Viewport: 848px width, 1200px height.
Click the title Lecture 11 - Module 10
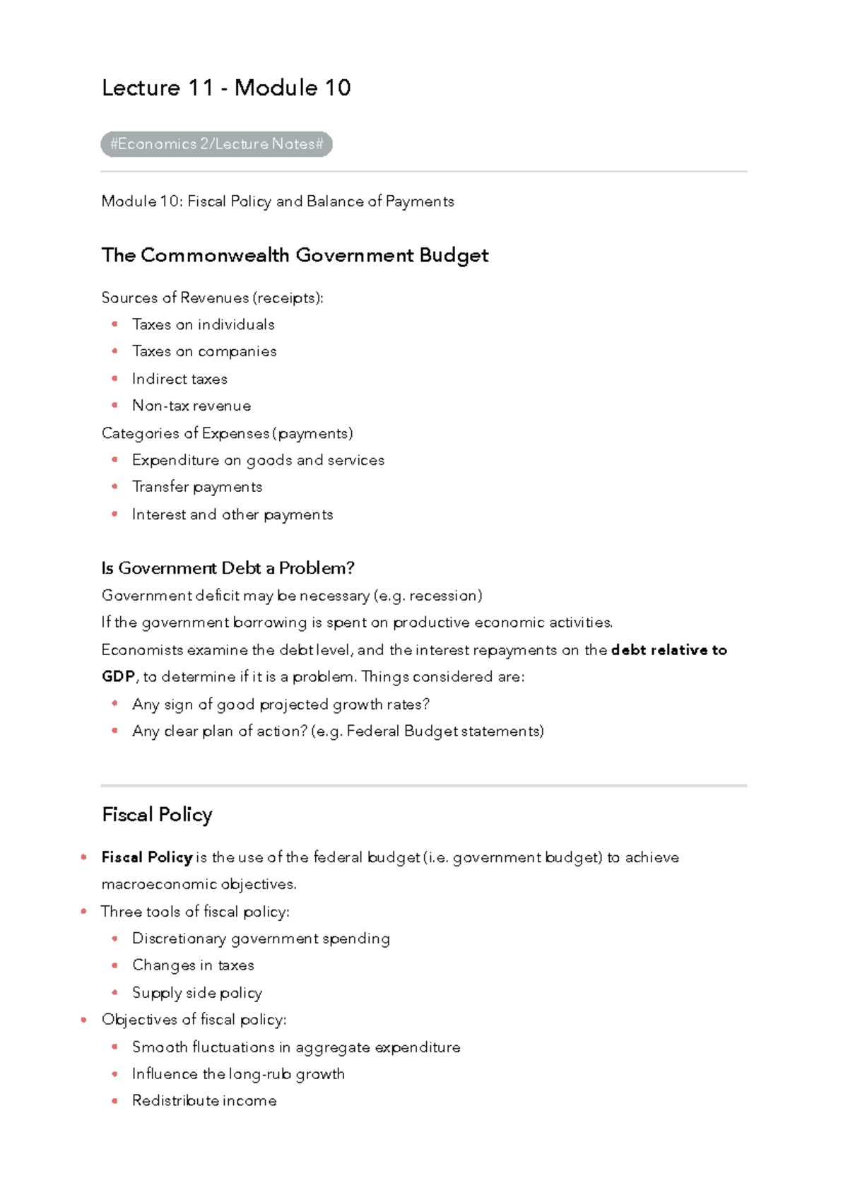tap(226, 88)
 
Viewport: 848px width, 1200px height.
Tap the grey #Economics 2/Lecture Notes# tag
tap(216, 144)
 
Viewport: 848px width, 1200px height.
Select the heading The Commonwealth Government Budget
tap(295, 255)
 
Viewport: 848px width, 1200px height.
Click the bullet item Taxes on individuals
tap(203, 324)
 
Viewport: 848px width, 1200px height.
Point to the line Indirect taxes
tap(179, 379)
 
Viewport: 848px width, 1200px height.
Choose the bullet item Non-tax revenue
tap(192, 406)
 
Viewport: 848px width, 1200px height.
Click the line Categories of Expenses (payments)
tap(227, 433)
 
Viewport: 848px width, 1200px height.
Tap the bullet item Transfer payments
tap(197, 487)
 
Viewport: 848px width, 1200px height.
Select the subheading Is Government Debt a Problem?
tap(228, 568)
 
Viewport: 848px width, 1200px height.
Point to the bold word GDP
tap(118, 677)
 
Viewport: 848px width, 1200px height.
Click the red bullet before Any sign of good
tap(114, 704)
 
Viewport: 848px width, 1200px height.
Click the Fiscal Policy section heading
tap(157, 815)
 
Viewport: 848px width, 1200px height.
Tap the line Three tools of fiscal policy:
tap(195, 912)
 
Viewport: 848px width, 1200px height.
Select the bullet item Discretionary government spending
tap(261, 939)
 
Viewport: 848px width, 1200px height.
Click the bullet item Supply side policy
tap(197, 993)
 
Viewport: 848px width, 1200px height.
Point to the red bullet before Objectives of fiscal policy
tap(84, 1020)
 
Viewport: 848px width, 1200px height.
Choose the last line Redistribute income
tap(204, 1101)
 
